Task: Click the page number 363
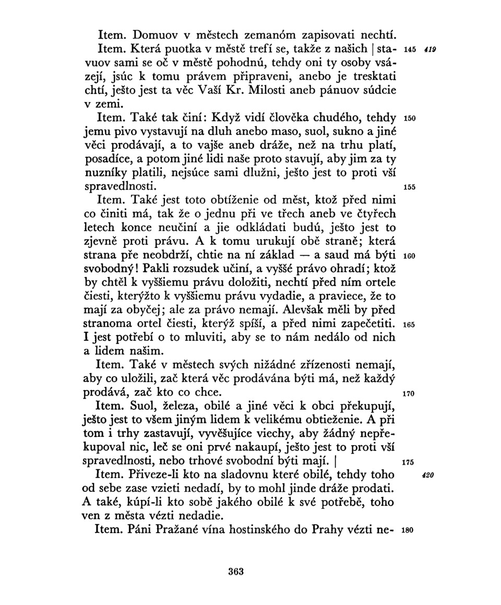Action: tap(236, 571)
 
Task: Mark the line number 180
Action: tap(410, 529)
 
